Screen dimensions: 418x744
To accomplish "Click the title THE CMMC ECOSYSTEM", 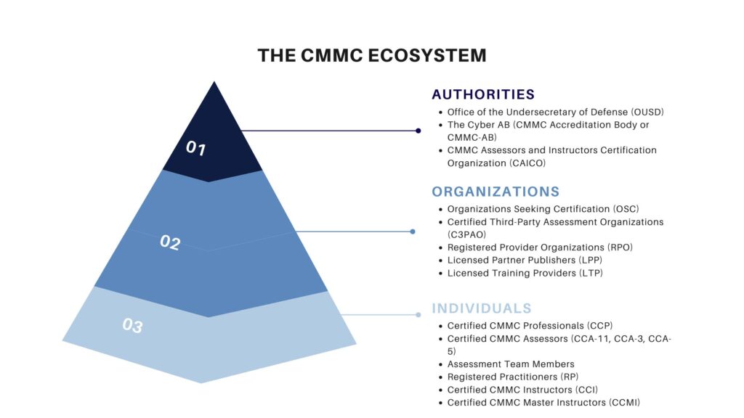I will coord(372,56).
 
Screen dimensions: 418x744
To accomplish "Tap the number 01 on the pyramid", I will coord(196,149).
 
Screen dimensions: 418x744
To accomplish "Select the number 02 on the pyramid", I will coord(170,242).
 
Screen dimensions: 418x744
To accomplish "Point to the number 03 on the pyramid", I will coord(132,325).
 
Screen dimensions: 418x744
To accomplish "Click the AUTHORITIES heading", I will coord(483,94).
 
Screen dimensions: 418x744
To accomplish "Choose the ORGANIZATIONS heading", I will coord(496,192).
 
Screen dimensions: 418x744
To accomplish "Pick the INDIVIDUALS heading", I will coord(482,308).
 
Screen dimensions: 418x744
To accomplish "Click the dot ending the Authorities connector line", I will coord(418,131).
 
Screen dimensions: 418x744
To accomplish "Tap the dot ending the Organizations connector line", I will coord(413,231).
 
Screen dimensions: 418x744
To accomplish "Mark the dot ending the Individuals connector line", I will coord(418,315).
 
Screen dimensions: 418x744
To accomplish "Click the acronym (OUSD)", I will coord(643,112).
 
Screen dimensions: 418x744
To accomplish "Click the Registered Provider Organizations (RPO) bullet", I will coord(540,247).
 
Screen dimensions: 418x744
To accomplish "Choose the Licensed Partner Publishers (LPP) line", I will coord(525,260).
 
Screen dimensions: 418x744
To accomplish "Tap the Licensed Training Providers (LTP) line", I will coord(525,273).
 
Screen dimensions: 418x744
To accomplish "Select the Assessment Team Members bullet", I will coord(511,364).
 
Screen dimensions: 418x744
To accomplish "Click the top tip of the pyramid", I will coord(214,83).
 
